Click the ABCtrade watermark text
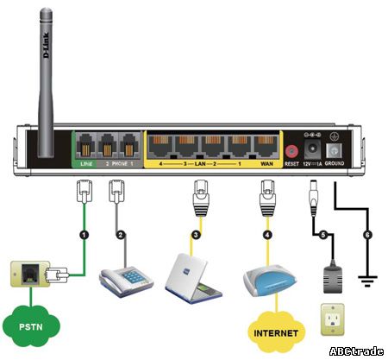[x=355, y=351]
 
